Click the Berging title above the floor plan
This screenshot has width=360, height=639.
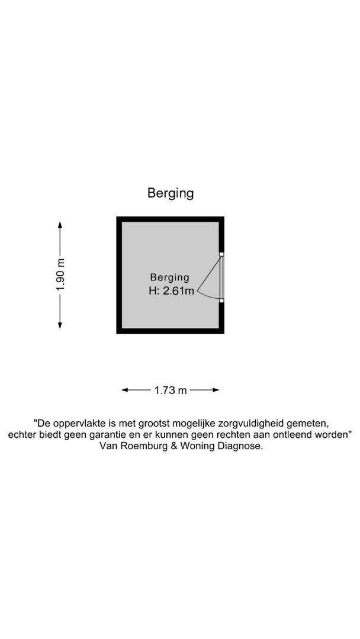[x=171, y=193]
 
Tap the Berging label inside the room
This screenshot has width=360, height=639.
[x=169, y=278]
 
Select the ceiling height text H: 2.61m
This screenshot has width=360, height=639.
[x=171, y=291]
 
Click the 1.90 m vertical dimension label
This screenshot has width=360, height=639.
[x=60, y=275]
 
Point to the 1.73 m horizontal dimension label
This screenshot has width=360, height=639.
[x=171, y=390]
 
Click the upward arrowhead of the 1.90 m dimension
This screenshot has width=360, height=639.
[x=60, y=225]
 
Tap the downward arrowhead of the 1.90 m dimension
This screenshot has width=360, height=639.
[x=60, y=325]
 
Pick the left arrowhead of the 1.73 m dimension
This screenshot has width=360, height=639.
[x=125, y=390]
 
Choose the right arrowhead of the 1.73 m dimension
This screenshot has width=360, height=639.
[x=216, y=390]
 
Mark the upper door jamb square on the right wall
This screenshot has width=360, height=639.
[x=221, y=254]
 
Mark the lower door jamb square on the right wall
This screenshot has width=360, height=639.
[x=221, y=301]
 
